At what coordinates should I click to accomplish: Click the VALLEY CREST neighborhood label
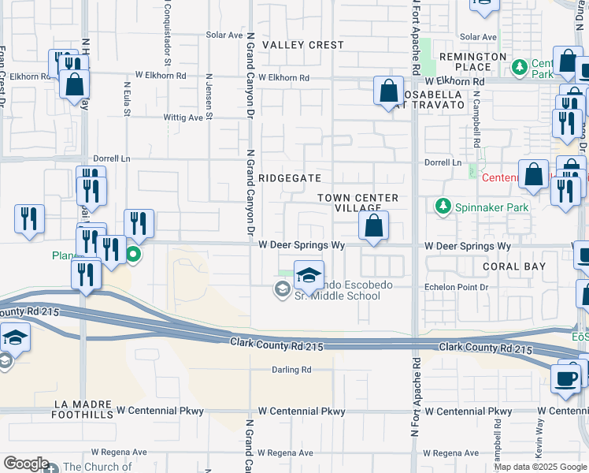(303, 45)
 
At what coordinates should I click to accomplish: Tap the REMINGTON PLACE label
(472, 62)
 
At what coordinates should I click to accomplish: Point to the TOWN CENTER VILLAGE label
(358, 203)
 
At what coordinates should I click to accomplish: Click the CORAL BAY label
(514, 266)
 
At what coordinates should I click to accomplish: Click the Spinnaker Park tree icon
(443, 207)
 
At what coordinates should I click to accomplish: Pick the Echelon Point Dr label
(456, 288)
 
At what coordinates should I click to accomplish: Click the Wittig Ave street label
(183, 118)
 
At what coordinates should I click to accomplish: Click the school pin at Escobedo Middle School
(309, 275)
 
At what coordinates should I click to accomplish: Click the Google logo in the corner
(26, 464)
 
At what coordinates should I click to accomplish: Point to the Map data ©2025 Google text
(540, 467)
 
